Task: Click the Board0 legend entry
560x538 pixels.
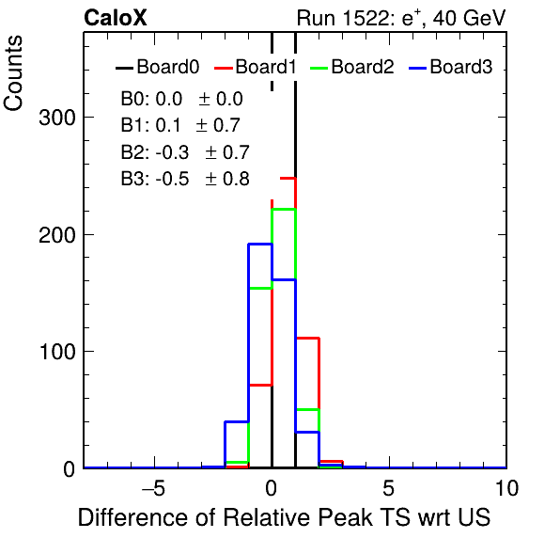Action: pos(157,67)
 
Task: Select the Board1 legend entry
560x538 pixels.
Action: pos(256,67)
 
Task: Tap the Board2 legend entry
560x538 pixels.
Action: pos(352,67)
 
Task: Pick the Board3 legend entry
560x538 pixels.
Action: pos(451,67)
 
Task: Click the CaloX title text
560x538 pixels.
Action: pos(116,18)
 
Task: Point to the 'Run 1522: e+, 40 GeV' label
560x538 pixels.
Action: pos(401,18)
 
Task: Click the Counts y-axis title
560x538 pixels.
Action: pos(13,73)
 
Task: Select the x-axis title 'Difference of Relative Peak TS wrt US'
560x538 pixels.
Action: pos(285,517)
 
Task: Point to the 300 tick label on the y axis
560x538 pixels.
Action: pos(57,118)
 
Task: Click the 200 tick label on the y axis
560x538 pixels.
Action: pos(57,235)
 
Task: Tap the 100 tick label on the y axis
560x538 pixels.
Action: pos(57,352)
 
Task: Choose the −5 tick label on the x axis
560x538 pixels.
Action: pos(153,488)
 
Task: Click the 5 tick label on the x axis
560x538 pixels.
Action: pos(389,488)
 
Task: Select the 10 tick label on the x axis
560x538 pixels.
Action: pos(506,488)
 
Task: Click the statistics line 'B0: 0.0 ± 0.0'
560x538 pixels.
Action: pos(181,99)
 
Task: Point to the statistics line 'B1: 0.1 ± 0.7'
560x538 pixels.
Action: pos(180,125)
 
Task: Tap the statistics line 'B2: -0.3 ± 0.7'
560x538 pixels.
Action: pos(185,152)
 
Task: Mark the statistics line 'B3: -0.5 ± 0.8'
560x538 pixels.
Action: pos(185,179)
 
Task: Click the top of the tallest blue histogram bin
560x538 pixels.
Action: pos(260,245)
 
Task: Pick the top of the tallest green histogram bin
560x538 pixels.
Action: pos(284,209)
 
